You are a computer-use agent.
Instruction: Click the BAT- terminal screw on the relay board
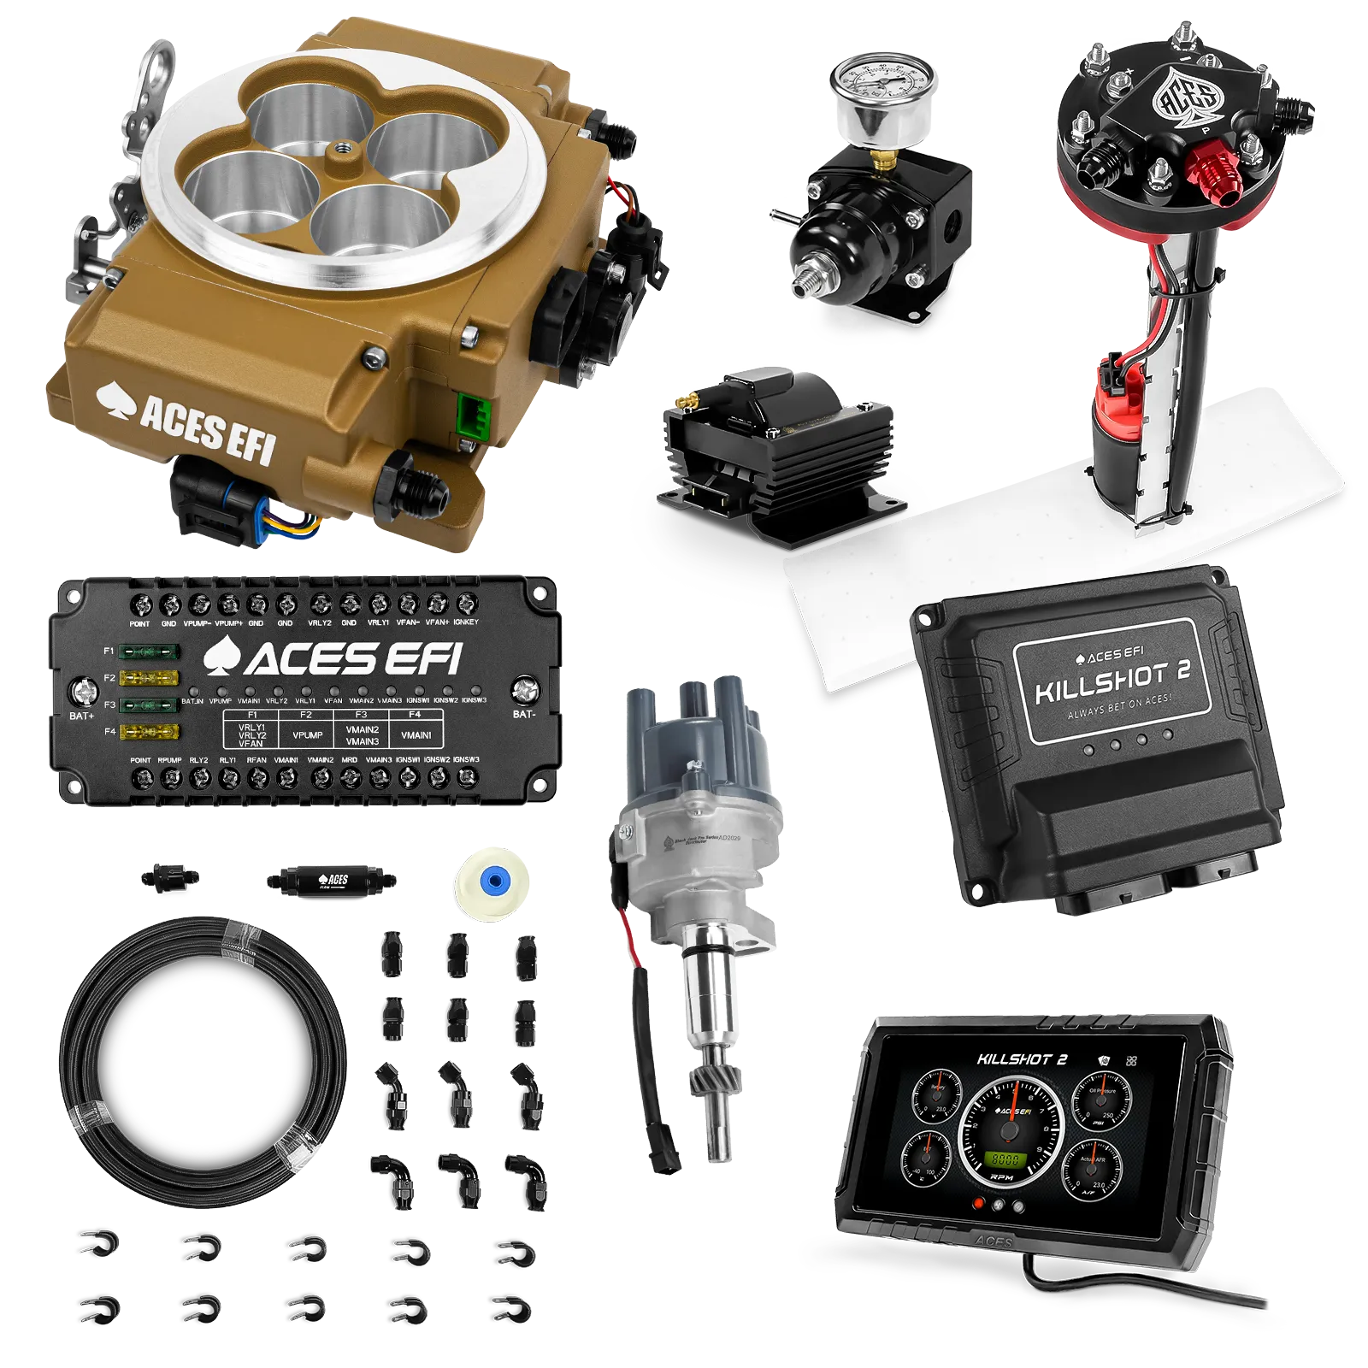coord(524,689)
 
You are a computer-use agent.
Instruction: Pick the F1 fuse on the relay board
coord(149,652)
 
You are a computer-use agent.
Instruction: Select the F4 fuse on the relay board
coord(149,732)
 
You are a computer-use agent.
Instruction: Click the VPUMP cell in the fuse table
coord(307,734)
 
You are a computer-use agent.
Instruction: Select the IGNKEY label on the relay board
coord(466,622)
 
